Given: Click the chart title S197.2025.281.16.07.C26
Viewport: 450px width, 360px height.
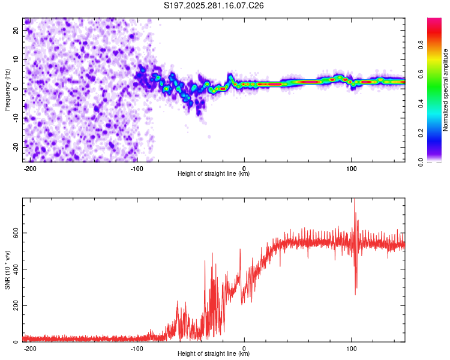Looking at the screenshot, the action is [214, 5].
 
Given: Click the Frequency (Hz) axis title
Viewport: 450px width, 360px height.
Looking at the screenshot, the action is [7, 89].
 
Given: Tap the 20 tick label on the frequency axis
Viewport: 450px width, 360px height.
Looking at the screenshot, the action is [16, 30].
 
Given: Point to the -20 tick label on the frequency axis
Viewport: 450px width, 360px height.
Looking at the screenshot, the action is [16, 147].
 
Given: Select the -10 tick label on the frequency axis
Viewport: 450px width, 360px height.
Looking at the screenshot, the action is [16, 118].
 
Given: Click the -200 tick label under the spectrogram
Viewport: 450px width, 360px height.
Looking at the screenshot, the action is [29, 169].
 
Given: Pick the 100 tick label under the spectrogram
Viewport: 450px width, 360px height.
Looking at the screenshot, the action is [351, 169].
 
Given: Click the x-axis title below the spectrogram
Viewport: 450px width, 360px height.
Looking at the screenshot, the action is [214, 173].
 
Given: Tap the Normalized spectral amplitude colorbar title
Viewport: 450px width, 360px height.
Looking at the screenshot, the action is [445, 89].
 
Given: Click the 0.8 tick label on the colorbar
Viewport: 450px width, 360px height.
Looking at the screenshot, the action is [421, 45].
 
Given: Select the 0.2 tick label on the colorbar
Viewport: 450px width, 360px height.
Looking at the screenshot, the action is [421, 133].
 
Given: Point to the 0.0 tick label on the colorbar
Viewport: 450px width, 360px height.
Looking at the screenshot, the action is [421, 162].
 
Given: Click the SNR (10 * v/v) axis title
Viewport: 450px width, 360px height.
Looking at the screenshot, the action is [7, 270].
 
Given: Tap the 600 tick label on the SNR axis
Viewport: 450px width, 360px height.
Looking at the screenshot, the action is [16, 233].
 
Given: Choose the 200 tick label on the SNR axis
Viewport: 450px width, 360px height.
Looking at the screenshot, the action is [16, 305].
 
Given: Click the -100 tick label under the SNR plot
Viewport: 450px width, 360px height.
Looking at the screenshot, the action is [137, 349].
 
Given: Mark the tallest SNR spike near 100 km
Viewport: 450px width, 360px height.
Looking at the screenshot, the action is [355, 200].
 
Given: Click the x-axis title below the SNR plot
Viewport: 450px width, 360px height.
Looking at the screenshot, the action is [214, 353].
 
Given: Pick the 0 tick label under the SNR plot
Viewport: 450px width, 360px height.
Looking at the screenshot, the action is [244, 349].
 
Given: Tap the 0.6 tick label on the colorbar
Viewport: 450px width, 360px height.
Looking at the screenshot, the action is [421, 74].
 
